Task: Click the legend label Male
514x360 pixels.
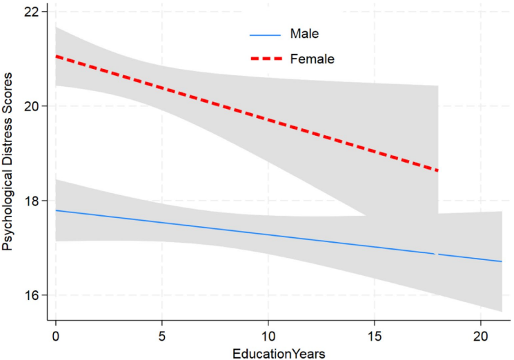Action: click(x=304, y=33)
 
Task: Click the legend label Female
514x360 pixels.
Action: click(x=312, y=59)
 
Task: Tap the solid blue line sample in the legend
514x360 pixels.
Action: click(x=266, y=33)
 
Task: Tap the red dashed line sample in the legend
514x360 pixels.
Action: click(x=266, y=59)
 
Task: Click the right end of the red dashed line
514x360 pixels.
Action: click(x=437, y=170)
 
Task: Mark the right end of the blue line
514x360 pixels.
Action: click(x=502, y=261)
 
